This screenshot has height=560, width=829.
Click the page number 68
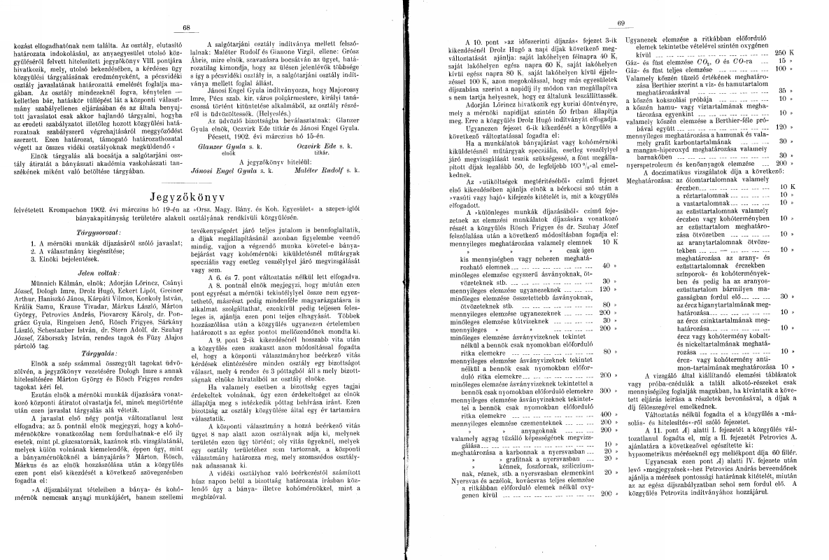[186, 28]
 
